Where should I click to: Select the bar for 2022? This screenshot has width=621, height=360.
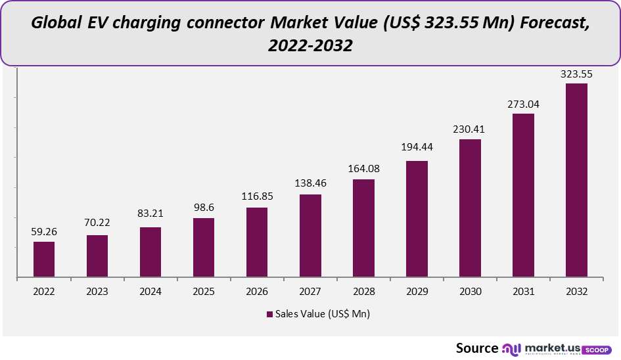point(44,259)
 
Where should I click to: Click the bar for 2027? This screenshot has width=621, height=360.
point(310,235)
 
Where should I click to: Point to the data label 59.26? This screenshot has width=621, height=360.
point(44,232)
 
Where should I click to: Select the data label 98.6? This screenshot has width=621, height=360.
point(204,208)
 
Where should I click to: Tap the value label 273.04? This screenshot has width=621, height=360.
point(523,104)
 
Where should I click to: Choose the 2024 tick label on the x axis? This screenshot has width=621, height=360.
point(150,291)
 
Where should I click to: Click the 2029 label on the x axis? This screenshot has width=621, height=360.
point(417,291)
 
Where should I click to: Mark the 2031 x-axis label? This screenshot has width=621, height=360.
point(523,291)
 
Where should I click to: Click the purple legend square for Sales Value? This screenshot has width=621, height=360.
point(269,315)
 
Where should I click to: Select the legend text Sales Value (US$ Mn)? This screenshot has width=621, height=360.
point(323,315)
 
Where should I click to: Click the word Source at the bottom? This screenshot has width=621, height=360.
point(477,348)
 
